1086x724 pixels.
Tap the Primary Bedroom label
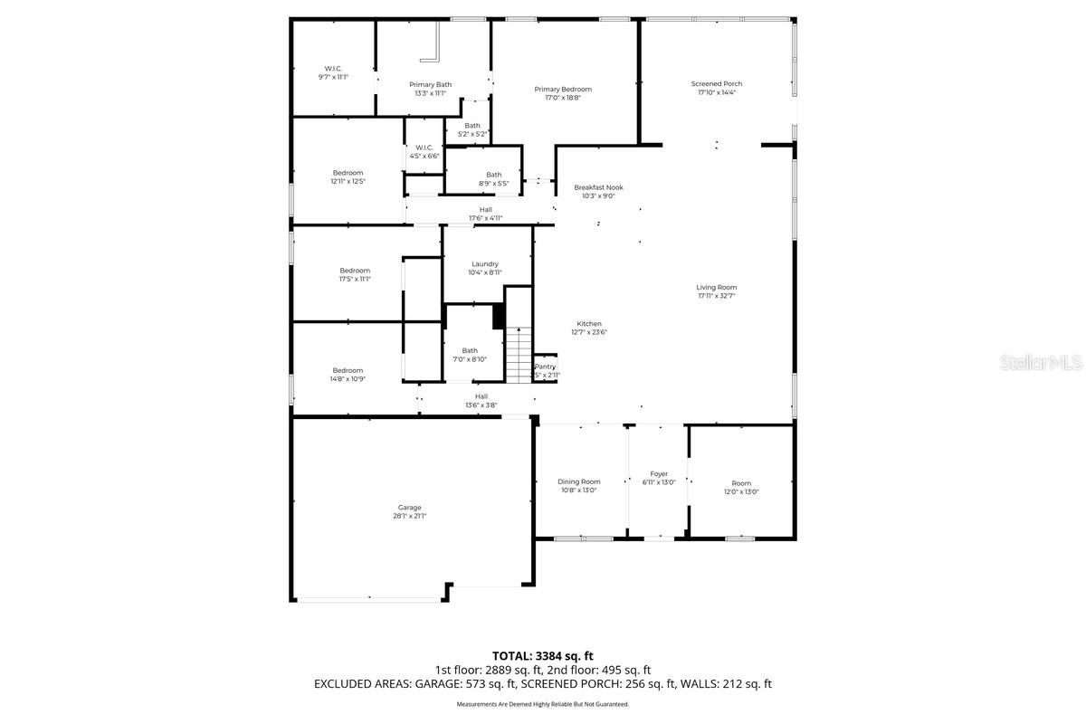[x=562, y=89]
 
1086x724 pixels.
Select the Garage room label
[x=409, y=508]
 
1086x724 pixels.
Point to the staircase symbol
[x=518, y=355]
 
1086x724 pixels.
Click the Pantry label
[x=545, y=367]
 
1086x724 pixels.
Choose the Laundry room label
[x=484, y=264]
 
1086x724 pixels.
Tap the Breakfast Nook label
[x=598, y=187]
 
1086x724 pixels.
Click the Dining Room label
[x=578, y=482]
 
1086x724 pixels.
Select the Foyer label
[x=659, y=474]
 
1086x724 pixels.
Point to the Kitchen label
[x=588, y=324]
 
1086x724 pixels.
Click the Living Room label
[x=716, y=288]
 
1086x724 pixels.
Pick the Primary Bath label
[x=430, y=84]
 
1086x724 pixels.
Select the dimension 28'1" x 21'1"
[x=409, y=516]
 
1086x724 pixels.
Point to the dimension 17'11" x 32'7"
[x=716, y=296]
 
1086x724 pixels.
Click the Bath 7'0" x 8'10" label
[x=470, y=355]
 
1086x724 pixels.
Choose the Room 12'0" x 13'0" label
[x=741, y=487]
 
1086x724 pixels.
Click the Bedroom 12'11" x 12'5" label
[x=348, y=177]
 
